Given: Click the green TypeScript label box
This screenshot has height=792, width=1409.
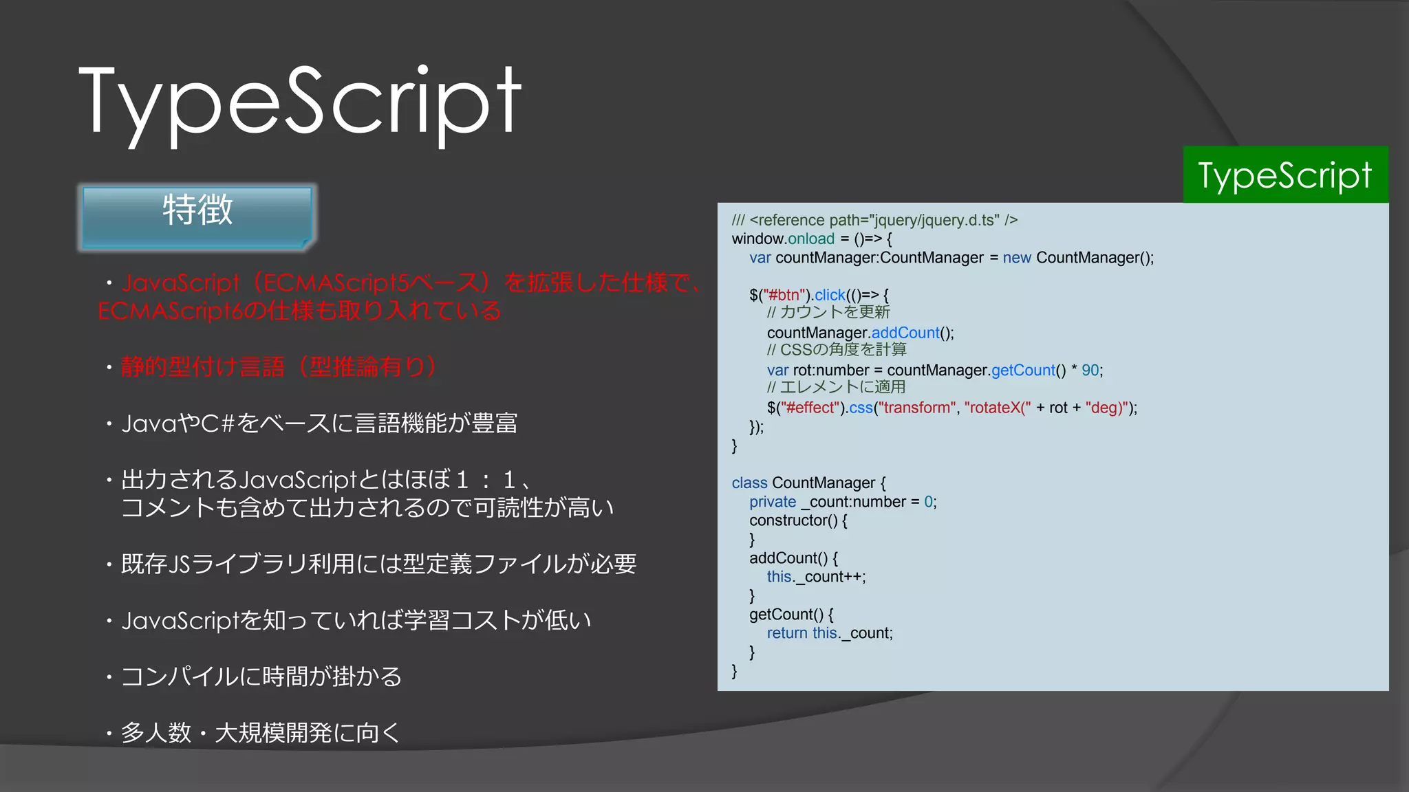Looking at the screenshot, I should tap(1285, 175).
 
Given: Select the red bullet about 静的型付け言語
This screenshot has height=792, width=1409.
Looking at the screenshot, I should tap(278, 366).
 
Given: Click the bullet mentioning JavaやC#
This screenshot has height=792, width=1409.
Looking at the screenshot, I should tap(319, 423).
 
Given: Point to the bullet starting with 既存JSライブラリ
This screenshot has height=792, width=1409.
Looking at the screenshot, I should tap(378, 564).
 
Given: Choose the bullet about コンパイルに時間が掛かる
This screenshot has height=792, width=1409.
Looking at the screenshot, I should tap(261, 676).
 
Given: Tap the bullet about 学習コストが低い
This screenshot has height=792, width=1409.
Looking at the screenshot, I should tap(356, 620).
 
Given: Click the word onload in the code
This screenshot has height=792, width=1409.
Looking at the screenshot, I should tap(811, 239).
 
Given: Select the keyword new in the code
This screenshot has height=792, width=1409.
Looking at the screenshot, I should tap(1016, 258).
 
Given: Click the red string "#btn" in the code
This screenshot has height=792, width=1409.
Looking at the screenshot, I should tap(784, 295).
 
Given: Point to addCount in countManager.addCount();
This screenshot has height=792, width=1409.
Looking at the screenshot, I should tap(905, 333).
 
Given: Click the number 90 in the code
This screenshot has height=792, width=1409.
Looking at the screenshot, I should tap(1090, 371).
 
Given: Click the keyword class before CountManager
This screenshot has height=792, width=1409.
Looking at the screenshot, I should tap(749, 483).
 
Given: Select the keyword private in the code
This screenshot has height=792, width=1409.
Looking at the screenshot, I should tap(772, 502).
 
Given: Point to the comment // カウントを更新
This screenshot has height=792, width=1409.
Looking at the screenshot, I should tap(828, 313).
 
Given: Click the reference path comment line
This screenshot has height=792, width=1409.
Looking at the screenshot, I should tap(874, 220).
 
